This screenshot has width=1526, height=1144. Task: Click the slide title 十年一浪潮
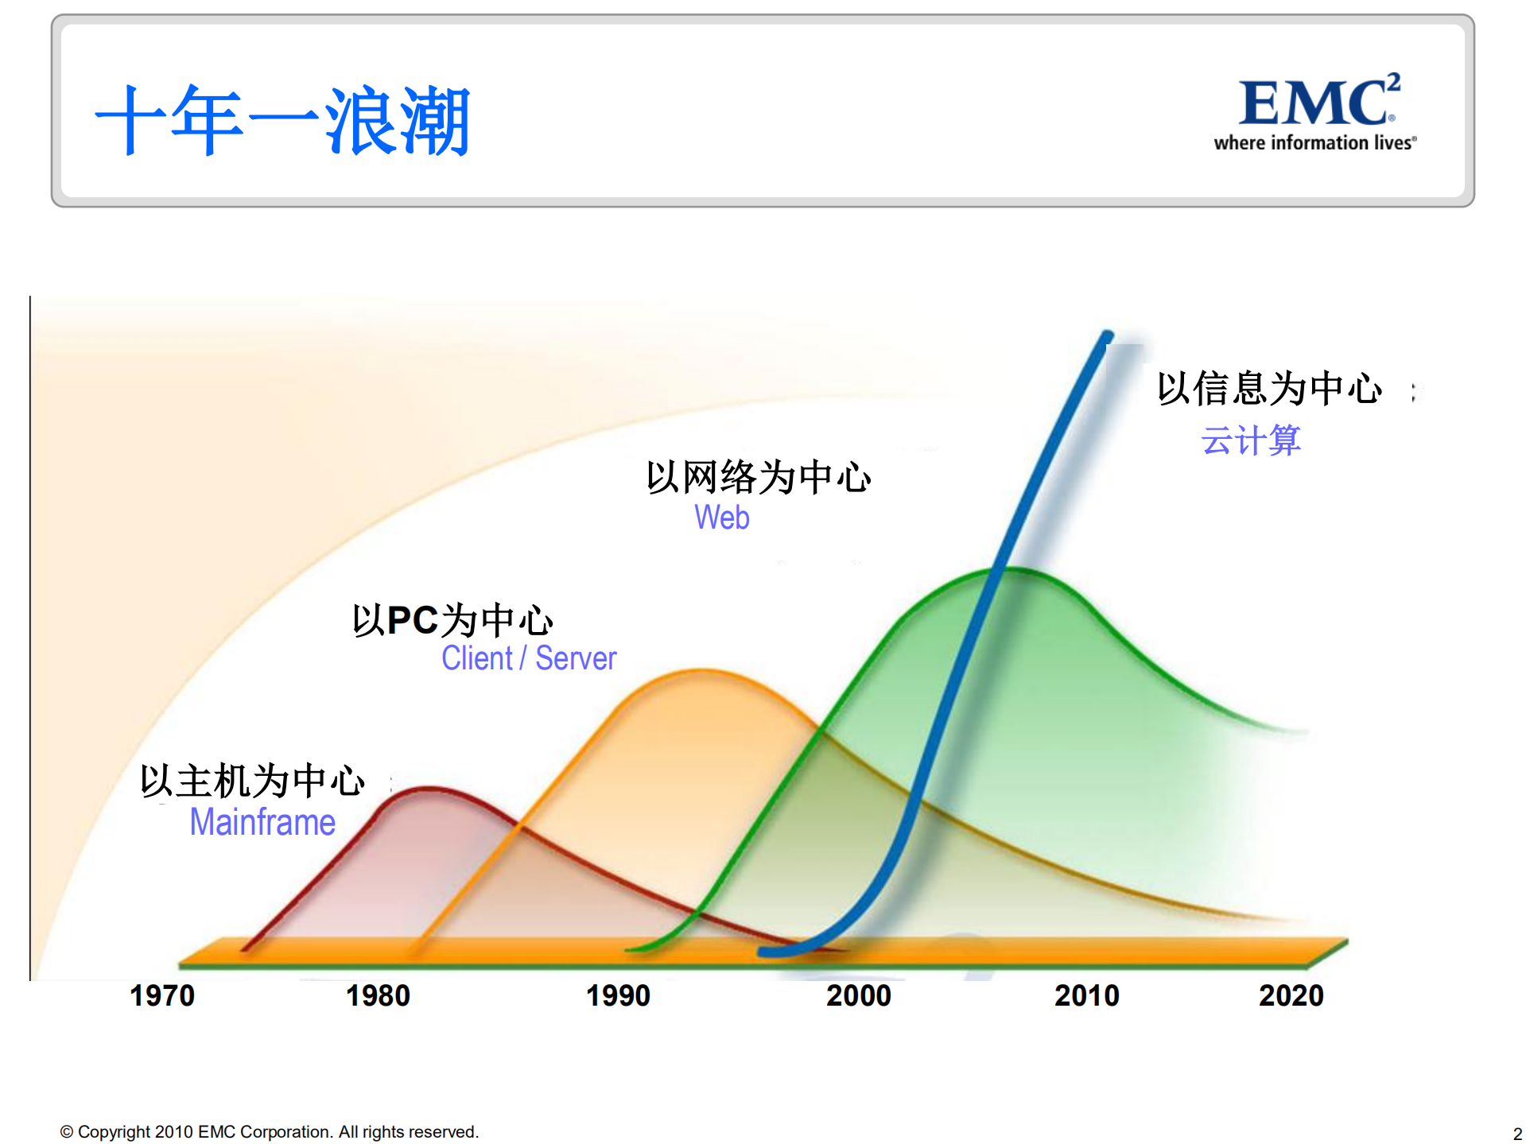[282, 121]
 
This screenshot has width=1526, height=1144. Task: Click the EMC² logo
[1318, 102]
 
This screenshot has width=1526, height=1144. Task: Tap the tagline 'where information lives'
[1314, 143]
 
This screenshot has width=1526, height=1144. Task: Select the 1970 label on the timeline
[162, 995]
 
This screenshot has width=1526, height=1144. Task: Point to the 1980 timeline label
[378, 995]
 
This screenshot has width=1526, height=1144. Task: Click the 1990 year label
[618, 995]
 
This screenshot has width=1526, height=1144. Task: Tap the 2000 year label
[858, 995]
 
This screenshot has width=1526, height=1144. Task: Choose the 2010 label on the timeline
[1086, 995]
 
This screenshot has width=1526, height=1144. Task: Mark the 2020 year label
[1291, 995]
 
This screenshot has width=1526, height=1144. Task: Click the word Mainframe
[262, 822]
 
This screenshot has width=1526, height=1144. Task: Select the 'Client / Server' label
[529, 658]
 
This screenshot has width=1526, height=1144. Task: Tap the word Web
[722, 518]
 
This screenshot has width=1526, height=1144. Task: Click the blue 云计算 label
[1251, 440]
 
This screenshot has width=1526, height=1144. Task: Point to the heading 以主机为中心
[253, 781]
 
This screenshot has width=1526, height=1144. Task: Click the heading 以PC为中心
[452, 620]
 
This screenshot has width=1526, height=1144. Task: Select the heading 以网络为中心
[759, 477]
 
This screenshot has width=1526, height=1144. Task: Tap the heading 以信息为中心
[1269, 389]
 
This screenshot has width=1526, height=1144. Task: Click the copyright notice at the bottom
[270, 1131]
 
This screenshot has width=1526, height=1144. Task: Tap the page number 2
[1517, 1134]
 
